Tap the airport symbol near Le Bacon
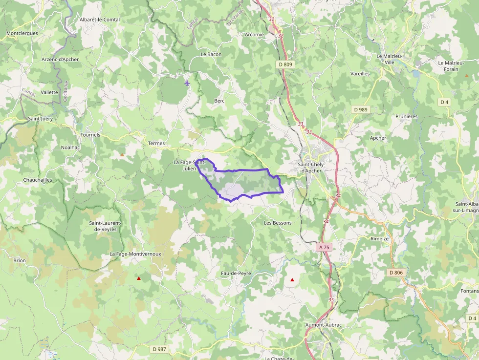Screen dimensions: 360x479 click(x=187, y=83)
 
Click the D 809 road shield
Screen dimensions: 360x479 click(x=285, y=64)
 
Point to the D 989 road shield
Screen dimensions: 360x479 click(x=360, y=109)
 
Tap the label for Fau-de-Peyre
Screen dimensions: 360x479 click(x=236, y=273)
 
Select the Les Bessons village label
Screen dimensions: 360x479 click(x=278, y=223)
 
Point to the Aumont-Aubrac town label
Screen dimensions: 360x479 click(x=323, y=325)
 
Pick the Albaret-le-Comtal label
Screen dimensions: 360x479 click(x=100, y=20)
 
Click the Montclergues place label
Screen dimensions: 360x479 click(x=22, y=33)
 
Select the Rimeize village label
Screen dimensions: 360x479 click(x=380, y=238)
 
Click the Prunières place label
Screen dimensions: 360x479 click(x=407, y=116)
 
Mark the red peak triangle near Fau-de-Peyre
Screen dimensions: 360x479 click(x=292, y=280)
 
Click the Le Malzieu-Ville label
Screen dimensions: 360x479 click(x=389, y=59)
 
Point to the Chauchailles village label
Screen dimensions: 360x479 click(x=38, y=180)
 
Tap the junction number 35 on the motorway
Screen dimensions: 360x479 click(x=331, y=300)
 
